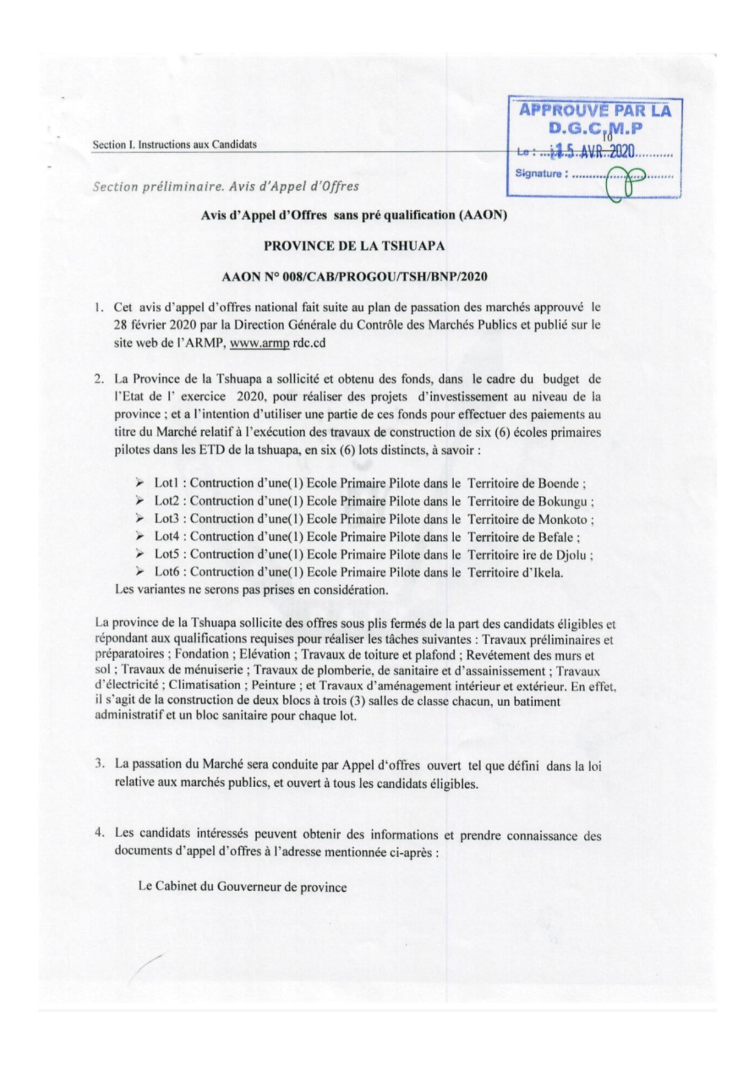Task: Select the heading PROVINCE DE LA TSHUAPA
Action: [354, 246]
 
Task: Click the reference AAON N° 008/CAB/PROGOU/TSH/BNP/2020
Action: [355, 277]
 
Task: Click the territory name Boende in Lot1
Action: [558, 484]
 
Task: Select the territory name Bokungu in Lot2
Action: [562, 501]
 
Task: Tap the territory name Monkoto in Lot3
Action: [562, 519]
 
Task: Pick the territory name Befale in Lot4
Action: [555, 537]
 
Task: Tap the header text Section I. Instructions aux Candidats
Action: [175, 145]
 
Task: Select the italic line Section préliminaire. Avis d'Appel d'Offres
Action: [226, 186]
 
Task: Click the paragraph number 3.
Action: [99, 763]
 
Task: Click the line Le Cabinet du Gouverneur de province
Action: [242, 886]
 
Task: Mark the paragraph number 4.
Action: [99, 833]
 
